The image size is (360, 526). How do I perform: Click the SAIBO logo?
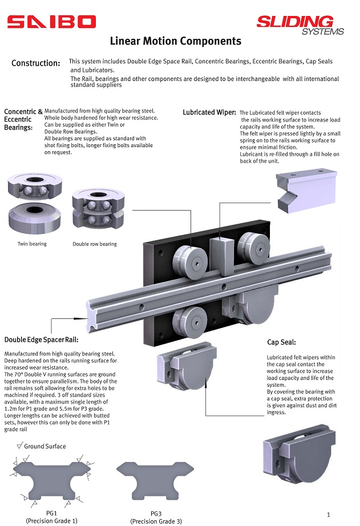point(51,22)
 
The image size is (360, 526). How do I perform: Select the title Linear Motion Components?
point(175,41)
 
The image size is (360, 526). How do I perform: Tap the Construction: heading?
point(35,63)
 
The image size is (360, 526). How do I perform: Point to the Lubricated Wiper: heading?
point(209,112)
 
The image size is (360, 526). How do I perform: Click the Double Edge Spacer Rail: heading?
point(41,340)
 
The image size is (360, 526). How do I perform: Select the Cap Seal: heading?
point(281,342)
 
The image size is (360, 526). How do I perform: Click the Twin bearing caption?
point(32,244)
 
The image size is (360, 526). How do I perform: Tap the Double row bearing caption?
point(95,244)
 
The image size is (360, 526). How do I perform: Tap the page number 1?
point(329,515)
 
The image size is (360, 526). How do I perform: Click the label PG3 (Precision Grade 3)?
point(156,517)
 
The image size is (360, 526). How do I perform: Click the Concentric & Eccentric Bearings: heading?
point(23,120)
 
